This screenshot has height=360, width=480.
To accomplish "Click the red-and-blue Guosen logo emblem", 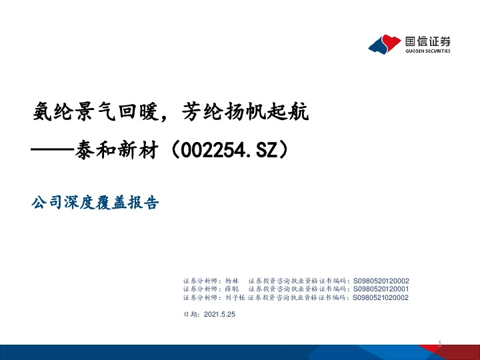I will pos(385,44).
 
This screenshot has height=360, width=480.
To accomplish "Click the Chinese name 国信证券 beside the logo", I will pos(427,39).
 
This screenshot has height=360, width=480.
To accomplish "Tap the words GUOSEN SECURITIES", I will pos(427,51).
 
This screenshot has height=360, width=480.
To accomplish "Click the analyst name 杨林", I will pos(232,281).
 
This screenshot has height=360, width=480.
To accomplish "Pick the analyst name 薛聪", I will pos(232,289).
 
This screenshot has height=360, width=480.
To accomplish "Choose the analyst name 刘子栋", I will pos(235,298).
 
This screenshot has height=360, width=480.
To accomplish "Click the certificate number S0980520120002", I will pos(381,281).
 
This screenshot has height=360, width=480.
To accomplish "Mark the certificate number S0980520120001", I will pos(381,289).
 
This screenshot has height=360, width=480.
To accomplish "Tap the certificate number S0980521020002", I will pos(381,298).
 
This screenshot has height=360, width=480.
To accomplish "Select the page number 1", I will pos(441,343).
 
